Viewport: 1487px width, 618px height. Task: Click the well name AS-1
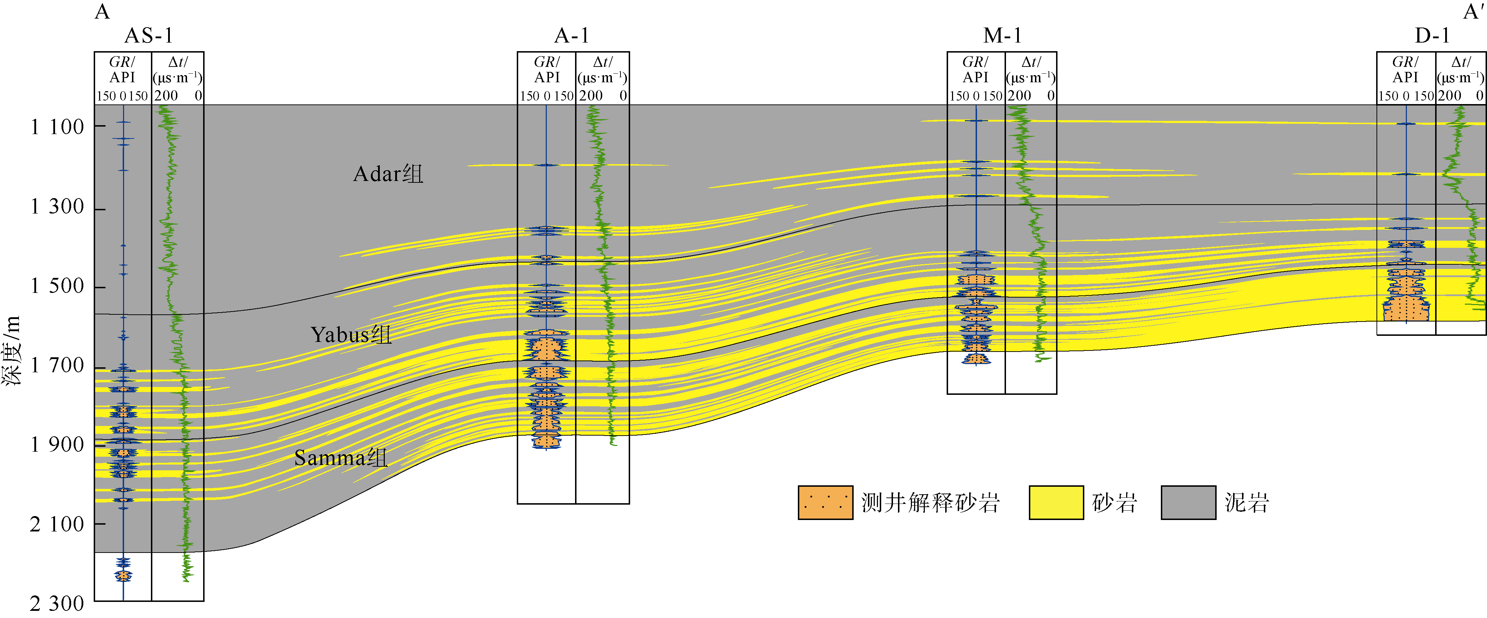[148, 36]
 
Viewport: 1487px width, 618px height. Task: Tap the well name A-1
[571, 36]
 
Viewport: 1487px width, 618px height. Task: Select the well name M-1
[1002, 36]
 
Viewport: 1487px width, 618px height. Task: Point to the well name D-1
[1432, 36]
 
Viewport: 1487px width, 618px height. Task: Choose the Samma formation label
[340, 457]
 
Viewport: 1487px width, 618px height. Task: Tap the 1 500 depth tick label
[57, 286]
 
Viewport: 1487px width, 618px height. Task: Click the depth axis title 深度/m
[11, 350]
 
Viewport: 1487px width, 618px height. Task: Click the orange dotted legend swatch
[825, 502]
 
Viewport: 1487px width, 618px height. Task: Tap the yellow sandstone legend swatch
[1056, 502]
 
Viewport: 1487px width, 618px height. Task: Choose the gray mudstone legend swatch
[1188, 502]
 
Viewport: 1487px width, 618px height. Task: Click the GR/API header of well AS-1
[122, 70]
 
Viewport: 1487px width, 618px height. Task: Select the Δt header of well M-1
[1031, 70]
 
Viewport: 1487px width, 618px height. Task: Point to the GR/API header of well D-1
[1405, 70]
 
